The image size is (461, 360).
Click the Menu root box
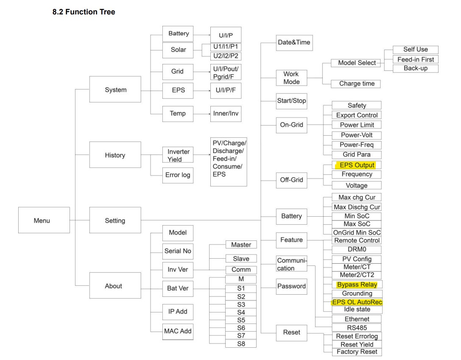coord(42,220)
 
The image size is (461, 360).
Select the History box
coord(115,155)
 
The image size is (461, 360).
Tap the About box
coord(113,286)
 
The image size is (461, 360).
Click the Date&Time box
coord(294,42)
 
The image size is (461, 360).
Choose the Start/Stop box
coord(291,101)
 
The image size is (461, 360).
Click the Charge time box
coord(357,84)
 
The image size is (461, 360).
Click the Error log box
coord(178,175)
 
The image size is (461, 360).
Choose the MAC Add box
coord(178,331)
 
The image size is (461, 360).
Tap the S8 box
coord(241,343)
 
